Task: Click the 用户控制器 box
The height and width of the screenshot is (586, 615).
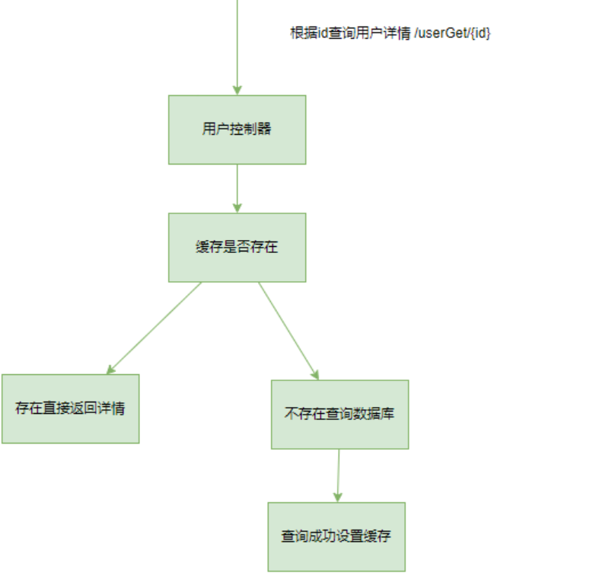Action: coord(237,129)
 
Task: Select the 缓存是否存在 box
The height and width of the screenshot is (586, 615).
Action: coord(237,247)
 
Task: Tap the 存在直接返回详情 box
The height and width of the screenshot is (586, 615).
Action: coord(70,408)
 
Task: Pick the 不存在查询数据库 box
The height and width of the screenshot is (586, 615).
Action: coord(339,415)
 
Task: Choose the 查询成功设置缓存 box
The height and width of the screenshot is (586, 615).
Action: coord(336,536)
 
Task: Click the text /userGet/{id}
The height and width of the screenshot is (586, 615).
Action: coord(452,33)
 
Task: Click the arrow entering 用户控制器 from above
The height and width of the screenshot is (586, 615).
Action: coord(237,46)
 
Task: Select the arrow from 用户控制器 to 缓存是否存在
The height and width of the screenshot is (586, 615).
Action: coord(237,187)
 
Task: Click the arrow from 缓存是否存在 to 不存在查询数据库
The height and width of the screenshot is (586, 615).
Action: coord(287,329)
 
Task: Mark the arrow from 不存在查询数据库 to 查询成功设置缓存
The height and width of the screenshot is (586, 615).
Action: coord(338,474)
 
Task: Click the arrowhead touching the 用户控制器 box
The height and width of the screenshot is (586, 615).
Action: coord(237,90)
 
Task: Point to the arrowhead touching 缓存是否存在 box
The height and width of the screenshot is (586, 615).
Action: coord(237,208)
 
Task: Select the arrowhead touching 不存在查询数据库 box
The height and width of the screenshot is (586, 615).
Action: coord(314,374)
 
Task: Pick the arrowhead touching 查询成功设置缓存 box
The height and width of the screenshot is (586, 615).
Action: coord(337,497)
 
